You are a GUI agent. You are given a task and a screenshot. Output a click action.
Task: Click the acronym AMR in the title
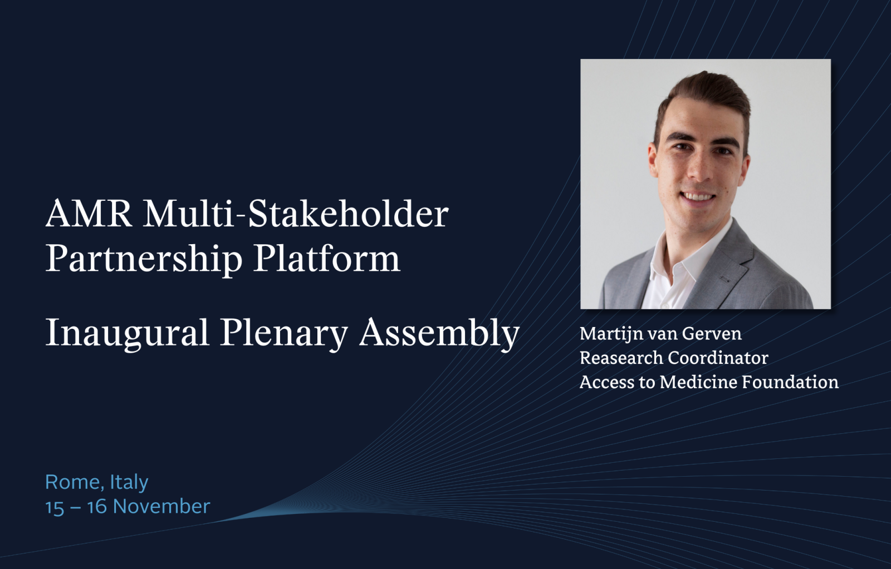click(x=89, y=214)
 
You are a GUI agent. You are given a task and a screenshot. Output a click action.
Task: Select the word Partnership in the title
click(x=144, y=259)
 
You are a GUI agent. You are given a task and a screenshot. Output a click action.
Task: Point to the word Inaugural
click(x=128, y=333)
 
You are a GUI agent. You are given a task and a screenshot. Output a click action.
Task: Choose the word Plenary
click(x=283, y=333)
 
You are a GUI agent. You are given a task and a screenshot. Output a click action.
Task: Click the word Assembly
click(x=439, y=333)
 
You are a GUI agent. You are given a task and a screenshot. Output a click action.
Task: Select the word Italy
click(x=129, y=483)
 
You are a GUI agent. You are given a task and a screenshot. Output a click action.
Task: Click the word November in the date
click(x=161, y=507)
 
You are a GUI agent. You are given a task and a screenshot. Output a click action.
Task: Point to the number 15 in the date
click(x=55, y=507)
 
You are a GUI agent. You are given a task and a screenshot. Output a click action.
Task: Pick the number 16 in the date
click(x=97, y=507)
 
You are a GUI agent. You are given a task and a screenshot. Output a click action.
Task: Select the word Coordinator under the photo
click(x=718, y=358)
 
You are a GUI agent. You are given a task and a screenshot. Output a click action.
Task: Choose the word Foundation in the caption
click(x=790, y=382)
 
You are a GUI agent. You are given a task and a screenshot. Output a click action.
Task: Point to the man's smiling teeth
click(x=699, y=197)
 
